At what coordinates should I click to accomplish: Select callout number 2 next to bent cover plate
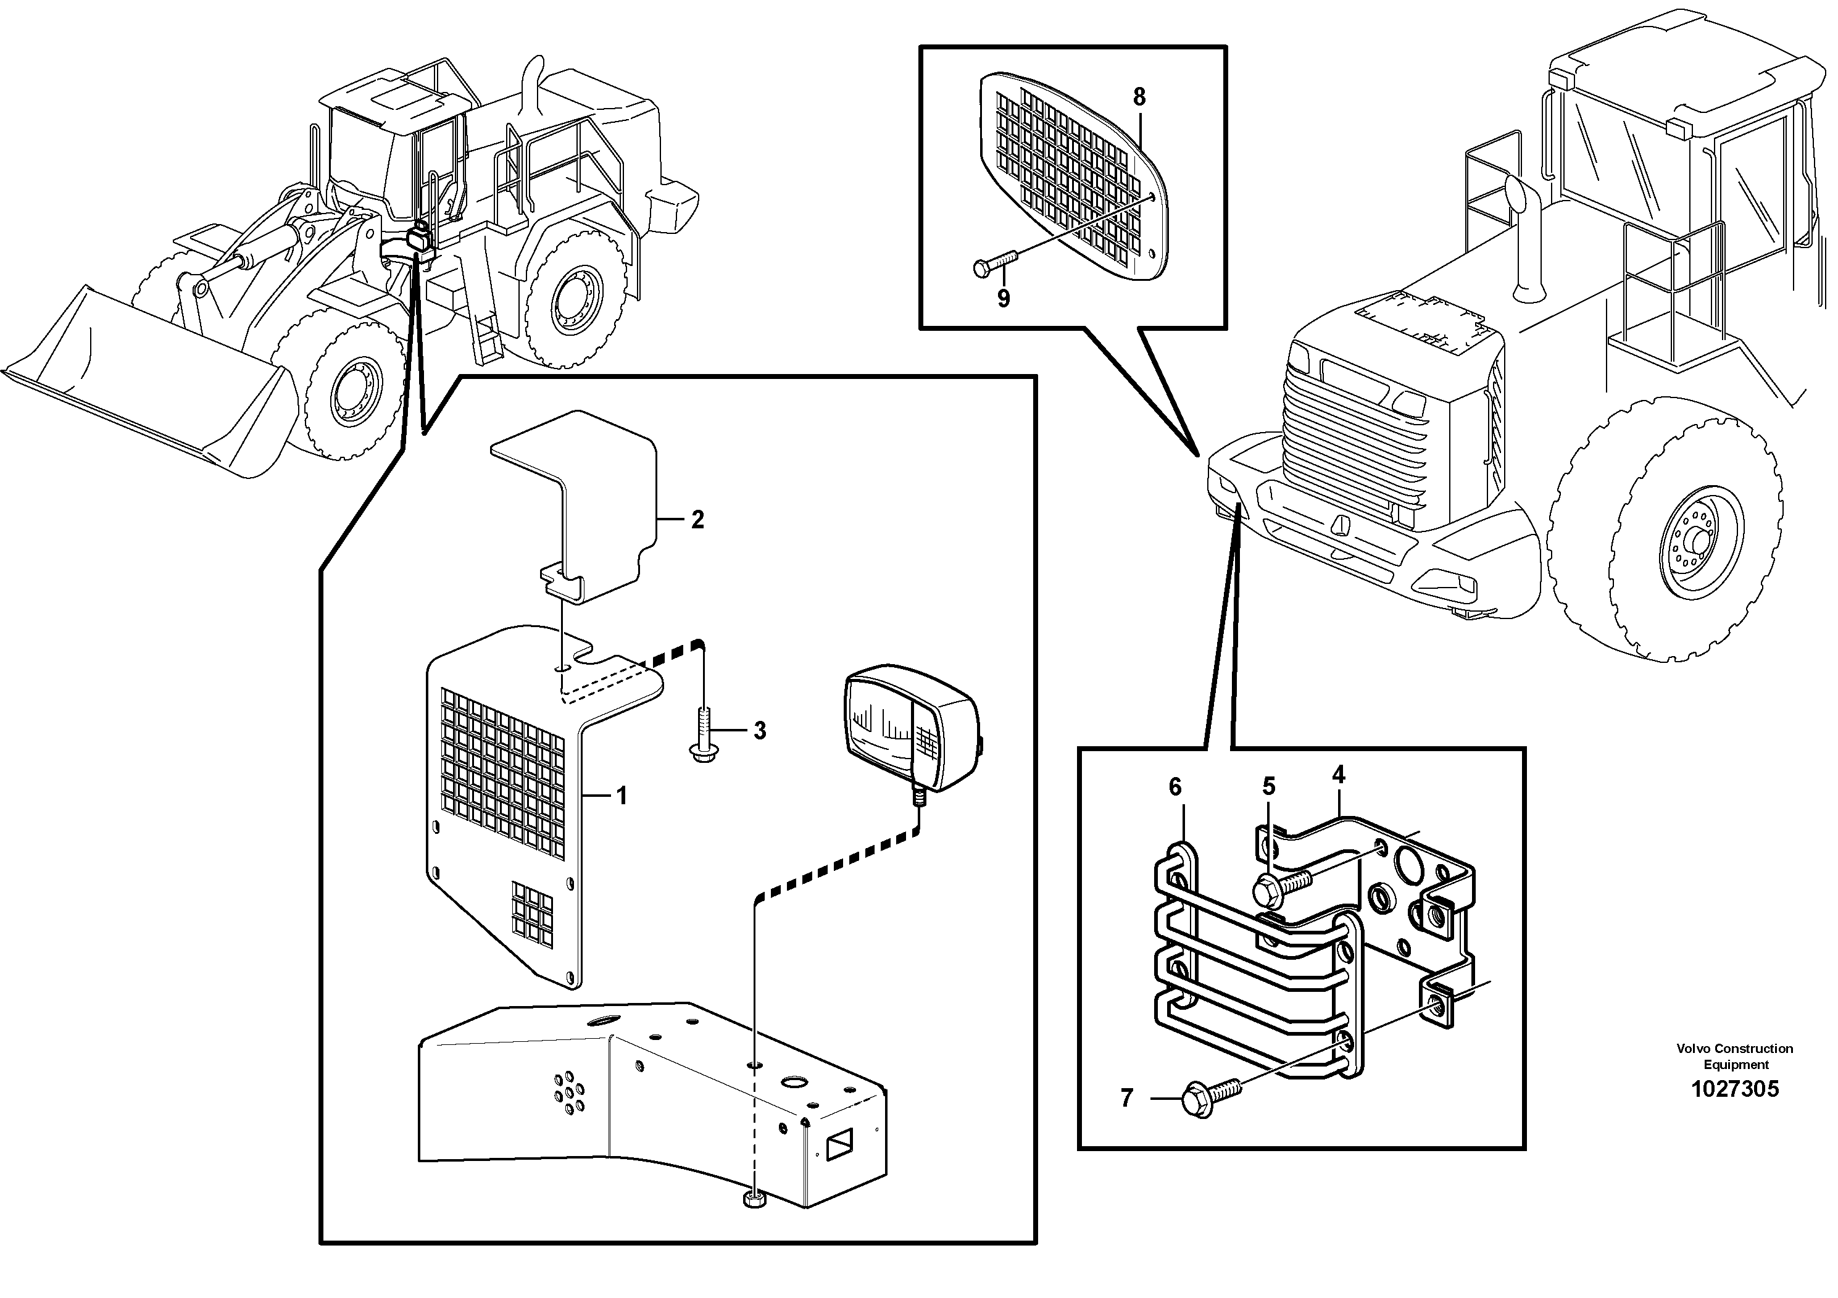click(x=697, y=520)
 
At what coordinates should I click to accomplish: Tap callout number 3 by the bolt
click(x=759, y=730)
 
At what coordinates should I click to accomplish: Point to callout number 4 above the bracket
click(x=1339, y=775)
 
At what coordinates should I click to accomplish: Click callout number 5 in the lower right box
click(x=1269, y=786)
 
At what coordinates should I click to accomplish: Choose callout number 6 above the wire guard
click(x=1175, y=787)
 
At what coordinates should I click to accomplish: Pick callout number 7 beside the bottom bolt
click(x=1127, y=1098)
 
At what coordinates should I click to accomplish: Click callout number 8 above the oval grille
click(x=1139, y=97)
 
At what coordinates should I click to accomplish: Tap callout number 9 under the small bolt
click(x=1003, y=299)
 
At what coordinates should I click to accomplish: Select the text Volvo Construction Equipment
click(x=1735, y=1056)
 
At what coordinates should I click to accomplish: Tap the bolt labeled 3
click(x=703, y=732)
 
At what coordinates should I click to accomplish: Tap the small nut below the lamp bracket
click(x=754, y=1200)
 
